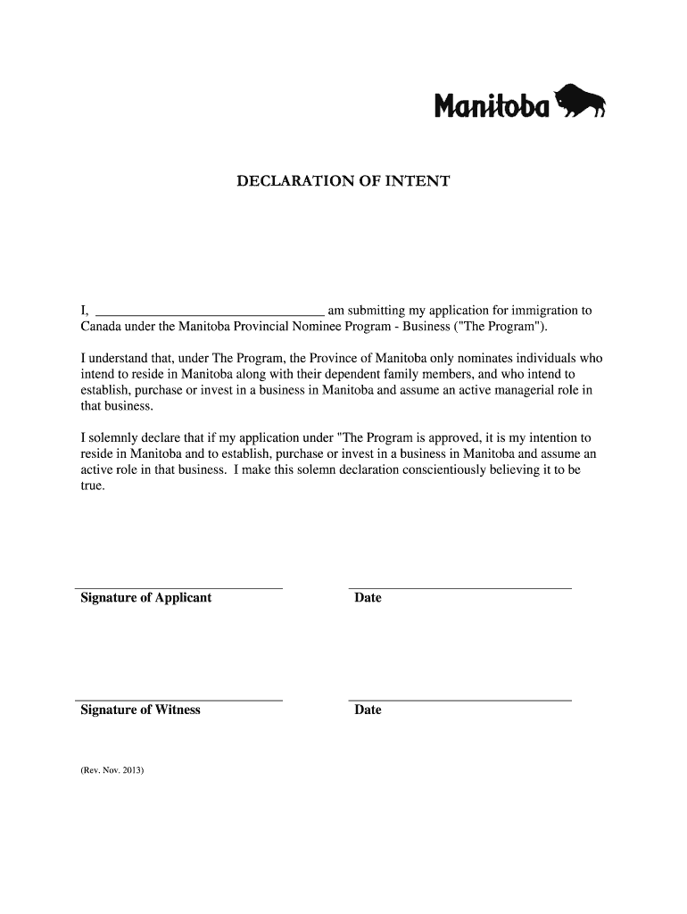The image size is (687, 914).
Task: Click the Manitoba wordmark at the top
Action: pos(492,106)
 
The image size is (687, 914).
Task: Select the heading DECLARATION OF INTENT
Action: pos(343,182)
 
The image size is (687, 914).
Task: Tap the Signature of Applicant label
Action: pos(146,598)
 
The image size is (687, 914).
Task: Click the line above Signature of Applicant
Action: pos(178,589)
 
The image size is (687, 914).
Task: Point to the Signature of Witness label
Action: pos(140,710)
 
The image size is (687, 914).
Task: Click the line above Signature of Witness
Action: pos(178,701)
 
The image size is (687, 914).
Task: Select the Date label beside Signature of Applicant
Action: pos(368,598)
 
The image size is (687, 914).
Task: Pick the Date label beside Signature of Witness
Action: pos(368,710)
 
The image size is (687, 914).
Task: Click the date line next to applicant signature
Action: pos(459,589)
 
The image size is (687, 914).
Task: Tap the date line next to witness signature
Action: pos(459,701)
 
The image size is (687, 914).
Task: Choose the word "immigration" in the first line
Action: pos(523,311)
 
